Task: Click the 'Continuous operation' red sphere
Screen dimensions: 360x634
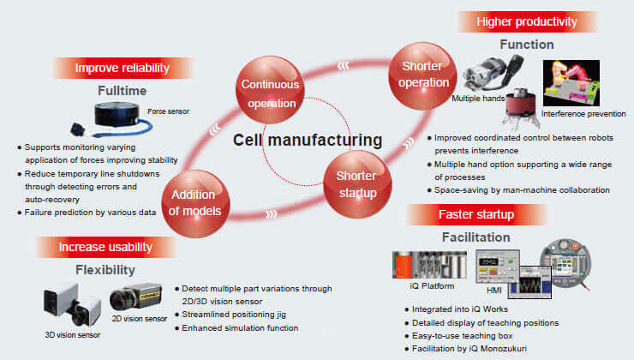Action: tap(268, 93)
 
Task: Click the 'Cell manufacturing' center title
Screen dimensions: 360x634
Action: tap(308, 140)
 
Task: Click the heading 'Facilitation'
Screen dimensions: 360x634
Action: tap(476, 237)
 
